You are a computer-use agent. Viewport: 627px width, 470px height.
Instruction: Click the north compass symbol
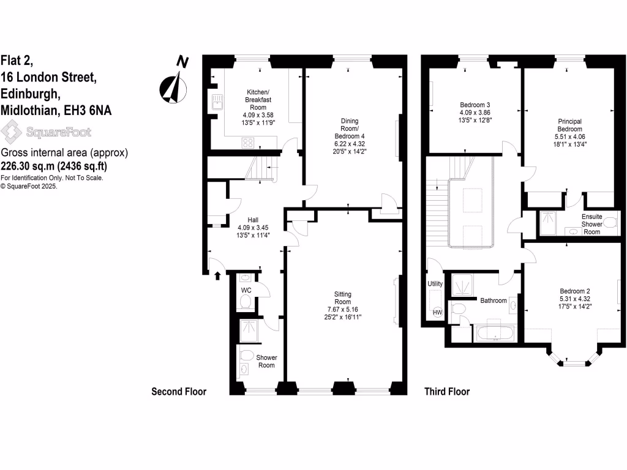point(173,84)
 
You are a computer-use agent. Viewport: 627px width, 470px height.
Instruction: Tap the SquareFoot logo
point(46,132)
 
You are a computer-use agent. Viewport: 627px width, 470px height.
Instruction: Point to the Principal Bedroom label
point(569,125)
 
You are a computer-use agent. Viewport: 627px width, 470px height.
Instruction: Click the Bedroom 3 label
point(475,105)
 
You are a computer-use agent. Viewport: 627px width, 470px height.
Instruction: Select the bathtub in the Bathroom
point(495,334)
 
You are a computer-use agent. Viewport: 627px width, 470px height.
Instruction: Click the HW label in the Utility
point(437,313)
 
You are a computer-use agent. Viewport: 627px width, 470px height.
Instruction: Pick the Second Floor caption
point(179,392)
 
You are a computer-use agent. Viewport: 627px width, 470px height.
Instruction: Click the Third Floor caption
point(447,392)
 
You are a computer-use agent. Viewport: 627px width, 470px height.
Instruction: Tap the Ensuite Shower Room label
point(591,223)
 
